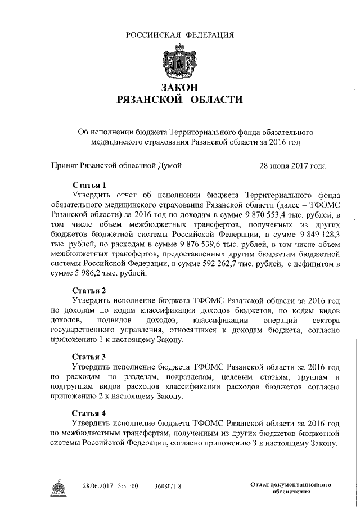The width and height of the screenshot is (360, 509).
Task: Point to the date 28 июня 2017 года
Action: (292, 166)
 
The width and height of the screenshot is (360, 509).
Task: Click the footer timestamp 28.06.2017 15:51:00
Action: (110, 485)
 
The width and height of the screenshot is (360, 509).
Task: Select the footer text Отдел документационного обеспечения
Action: (290, 487)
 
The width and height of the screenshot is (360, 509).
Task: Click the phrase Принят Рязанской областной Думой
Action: (116, 166)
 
